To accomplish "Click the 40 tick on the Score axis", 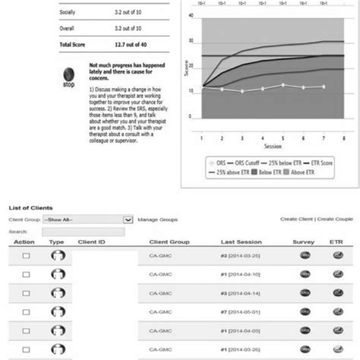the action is [196, 16].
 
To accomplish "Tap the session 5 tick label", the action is [282, 137].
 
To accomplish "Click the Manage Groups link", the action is [159, 219].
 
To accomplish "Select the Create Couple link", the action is [337, 219].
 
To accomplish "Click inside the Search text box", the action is [68, 230].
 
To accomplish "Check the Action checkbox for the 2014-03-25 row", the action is [27, 257].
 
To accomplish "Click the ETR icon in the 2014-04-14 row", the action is [338, 292].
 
